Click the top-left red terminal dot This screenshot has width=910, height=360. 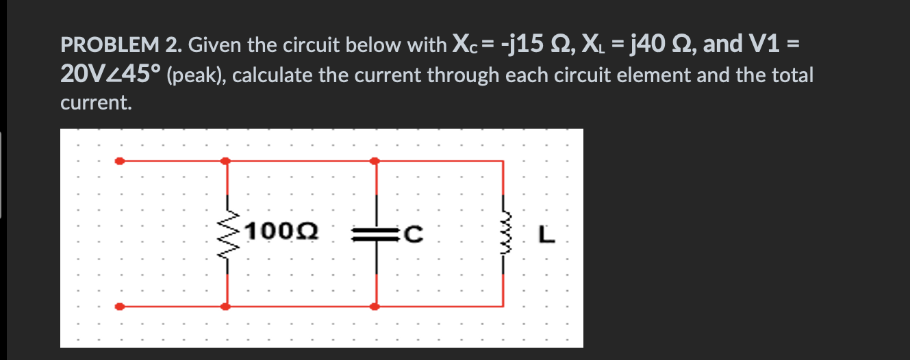(120, 162)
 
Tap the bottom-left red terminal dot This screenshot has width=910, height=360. (120, 307)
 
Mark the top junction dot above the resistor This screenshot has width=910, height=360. (227, 162)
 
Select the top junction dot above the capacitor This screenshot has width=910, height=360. (375, 162)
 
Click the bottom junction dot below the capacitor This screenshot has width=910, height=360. (375, 307)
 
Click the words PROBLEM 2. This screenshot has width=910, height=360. (121, 46)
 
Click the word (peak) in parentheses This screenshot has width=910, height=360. (196, 75)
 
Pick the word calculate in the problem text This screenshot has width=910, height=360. (270, 75)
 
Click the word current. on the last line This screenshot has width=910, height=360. (94, 103)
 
